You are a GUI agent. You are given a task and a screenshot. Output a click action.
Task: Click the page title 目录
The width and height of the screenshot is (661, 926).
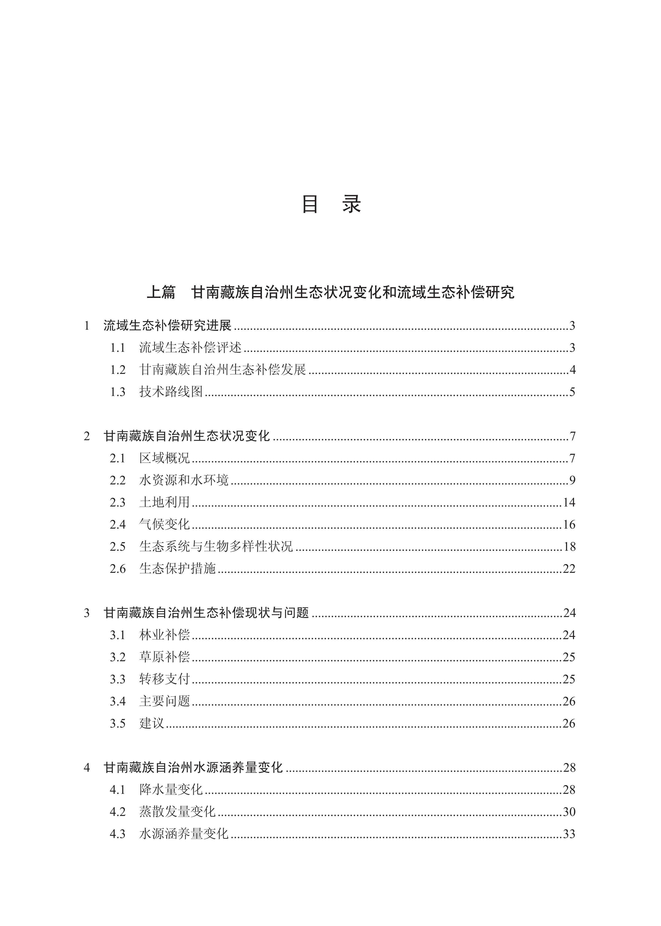pos(330,204)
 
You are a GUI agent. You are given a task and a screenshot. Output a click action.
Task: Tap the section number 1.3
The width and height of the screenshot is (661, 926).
pos(118,392)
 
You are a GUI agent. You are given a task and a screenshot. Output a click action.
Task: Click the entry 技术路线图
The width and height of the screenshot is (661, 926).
pos(171,392)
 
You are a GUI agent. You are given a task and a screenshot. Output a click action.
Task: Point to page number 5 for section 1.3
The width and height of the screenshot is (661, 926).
pos(572,392)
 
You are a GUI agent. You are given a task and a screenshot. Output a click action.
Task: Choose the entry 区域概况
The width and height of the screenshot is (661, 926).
pos(164,458)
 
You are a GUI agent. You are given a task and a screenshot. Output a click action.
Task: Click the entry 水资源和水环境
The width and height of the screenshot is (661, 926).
pos(184,480)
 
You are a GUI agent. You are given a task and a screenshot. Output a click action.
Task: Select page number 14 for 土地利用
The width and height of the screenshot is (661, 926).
pos(569,502)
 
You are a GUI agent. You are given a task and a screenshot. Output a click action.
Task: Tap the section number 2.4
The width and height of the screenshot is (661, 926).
pos(118,524)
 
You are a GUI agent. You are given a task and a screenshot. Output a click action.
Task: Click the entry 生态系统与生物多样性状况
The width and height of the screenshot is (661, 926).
pos(216,546)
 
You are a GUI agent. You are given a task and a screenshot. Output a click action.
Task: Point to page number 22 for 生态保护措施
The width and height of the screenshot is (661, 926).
pos(569,568)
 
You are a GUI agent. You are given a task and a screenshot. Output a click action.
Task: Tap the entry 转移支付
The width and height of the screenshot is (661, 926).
pos(164,679)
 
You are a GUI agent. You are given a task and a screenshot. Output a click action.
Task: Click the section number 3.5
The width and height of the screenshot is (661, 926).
pos(118,723)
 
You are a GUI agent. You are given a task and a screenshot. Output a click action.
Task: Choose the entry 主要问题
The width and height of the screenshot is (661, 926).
pos(164,701)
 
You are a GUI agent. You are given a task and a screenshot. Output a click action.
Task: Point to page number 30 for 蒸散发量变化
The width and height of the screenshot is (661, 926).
pos(569,812)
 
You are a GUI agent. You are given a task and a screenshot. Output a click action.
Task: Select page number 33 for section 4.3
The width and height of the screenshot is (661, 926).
pos(569,834)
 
